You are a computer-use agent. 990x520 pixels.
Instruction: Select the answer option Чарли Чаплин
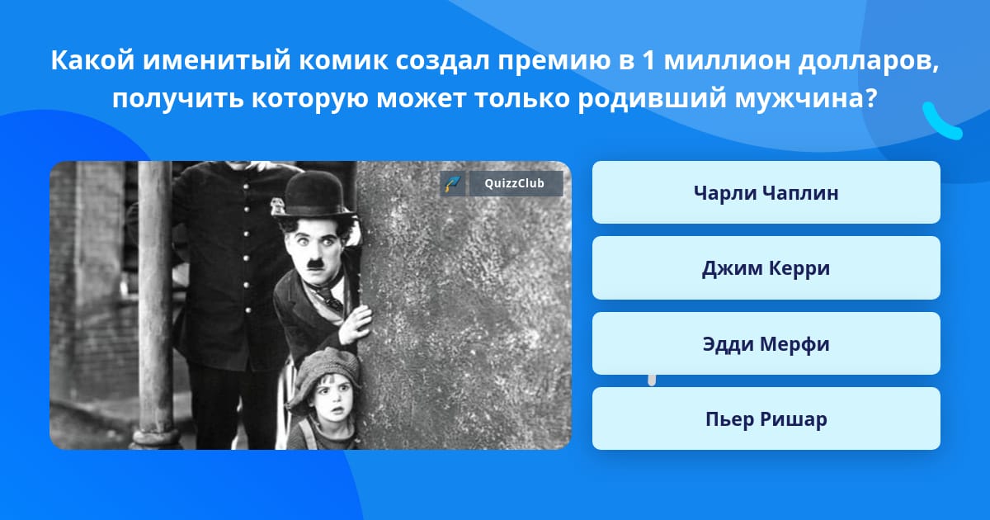click(766, 192)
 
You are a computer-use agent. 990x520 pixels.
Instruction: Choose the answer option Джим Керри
click(766, 268)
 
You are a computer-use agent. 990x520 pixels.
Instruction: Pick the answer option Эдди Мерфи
click(766, 343)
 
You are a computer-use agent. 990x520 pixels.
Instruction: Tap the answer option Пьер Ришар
click(766, 418)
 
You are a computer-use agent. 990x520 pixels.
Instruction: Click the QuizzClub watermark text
click(515, 183)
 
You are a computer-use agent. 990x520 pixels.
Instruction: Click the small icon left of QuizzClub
click(453, 183)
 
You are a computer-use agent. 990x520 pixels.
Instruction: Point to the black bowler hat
click(313, 195)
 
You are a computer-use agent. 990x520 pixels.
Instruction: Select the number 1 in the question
click(648, 60)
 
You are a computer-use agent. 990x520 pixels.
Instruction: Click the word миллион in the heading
click(727, 60)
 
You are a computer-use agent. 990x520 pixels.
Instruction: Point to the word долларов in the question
click(869, 61)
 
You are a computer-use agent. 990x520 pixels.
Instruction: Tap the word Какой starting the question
click(92, 60)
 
